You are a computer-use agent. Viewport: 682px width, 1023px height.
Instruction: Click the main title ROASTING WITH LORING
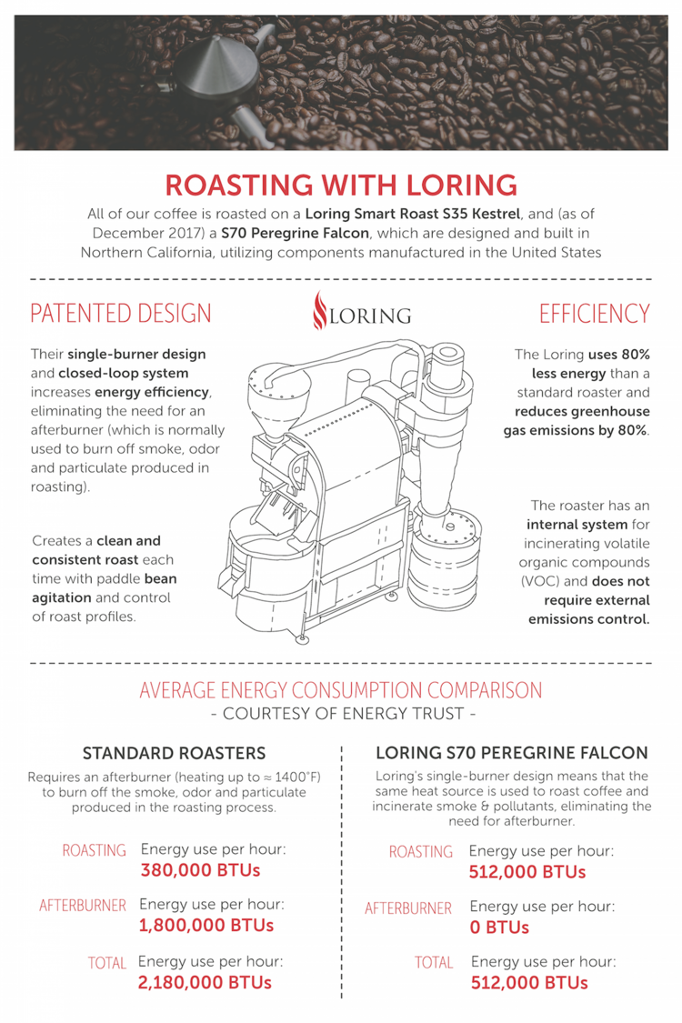point(341,185)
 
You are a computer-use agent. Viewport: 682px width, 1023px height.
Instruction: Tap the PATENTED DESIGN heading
point(121,314)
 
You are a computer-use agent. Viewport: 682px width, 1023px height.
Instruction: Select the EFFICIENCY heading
point(594,314)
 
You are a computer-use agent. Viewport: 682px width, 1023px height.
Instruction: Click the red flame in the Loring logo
point(318,312)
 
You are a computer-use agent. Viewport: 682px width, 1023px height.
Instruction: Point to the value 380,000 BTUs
point(200,870)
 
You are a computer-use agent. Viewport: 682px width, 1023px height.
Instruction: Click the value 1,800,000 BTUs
point(206,926)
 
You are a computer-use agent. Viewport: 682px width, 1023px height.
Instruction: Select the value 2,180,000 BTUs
point(205,982)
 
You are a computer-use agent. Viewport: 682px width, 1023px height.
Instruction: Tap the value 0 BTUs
point(500,928)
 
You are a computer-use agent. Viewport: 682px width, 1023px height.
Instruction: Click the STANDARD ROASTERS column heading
point(174,753)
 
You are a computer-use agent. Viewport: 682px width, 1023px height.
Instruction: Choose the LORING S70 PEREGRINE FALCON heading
point(512,753)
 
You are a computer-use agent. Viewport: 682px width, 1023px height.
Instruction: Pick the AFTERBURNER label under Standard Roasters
point(83,906)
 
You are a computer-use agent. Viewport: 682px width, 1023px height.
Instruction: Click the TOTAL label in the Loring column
point(434,962)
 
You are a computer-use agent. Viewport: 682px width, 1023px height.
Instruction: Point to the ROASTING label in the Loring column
point(421,852)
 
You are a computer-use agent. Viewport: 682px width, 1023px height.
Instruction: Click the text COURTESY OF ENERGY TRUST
point(342,714)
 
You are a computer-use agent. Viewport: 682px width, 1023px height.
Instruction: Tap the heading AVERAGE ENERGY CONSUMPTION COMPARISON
point(341,690)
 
